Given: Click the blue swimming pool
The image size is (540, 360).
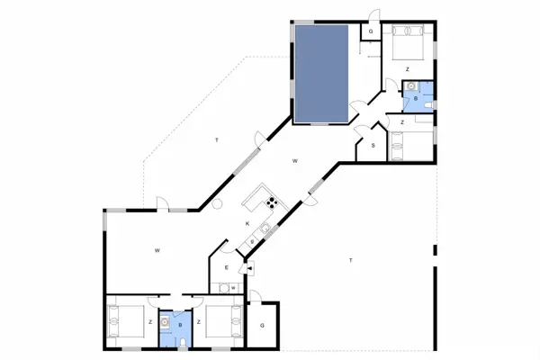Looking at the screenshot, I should point(321,74).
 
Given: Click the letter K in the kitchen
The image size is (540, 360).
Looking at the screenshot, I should point(246,223).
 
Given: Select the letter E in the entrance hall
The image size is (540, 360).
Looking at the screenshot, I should point(226,268).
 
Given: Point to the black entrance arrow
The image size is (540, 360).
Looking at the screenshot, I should point(249,267).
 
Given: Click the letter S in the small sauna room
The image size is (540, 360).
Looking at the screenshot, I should point(373,145).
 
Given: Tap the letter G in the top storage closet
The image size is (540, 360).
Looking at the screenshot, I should point(369,31).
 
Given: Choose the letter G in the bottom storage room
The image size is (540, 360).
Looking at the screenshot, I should point(263,326).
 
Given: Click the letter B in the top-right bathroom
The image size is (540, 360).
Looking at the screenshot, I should point(415,97).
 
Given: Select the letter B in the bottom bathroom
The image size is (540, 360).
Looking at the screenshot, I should point(180,325).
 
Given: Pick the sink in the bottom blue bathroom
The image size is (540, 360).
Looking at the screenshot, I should point(166,319).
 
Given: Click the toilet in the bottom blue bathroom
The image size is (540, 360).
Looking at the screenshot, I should point(183,343).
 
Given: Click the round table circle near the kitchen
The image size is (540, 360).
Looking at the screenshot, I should point(217,205).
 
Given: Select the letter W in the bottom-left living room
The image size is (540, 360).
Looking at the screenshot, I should point(156,249).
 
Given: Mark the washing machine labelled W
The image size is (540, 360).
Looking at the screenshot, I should point(232,287).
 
